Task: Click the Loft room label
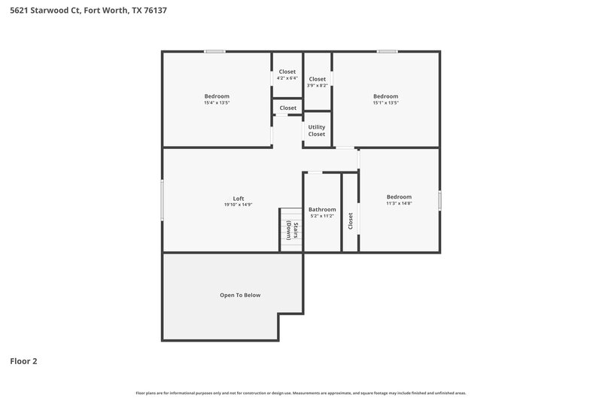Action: pos(238,198)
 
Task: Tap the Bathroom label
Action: pos(322,209)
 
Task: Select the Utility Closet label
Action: pos(317,131)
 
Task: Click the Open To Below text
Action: pos(240,295)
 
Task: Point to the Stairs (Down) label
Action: pos(296,231)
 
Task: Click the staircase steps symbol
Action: pos(287,225)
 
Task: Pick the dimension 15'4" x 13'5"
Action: pos(217,103)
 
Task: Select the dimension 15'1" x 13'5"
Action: pos(385,103)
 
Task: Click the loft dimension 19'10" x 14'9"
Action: pos(238,205)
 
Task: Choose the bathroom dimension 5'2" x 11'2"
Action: pos(322,216)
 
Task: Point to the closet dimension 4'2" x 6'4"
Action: pos(287,78)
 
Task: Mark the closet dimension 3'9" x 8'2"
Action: pos(318,85)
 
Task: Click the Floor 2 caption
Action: pos(24,361)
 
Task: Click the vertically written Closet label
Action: pos(350,221)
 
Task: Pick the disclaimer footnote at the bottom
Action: pos(301,393)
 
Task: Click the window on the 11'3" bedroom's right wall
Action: pos(439,200)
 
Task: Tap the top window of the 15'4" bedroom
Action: pos(215,51)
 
